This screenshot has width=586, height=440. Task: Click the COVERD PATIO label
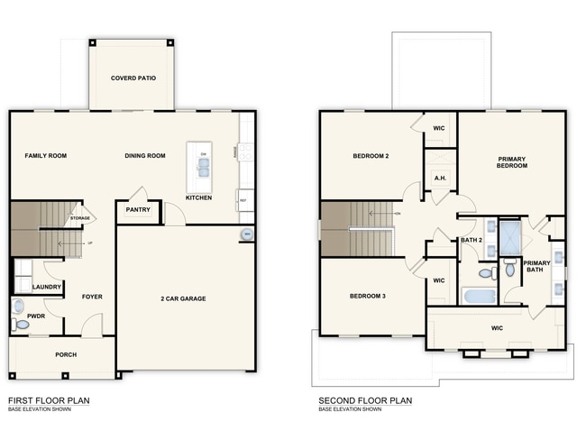click(x=133, y=78)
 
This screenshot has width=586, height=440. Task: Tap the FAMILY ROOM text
click(x=45, y=156)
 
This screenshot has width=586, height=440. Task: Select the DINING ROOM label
click(x=145, y=156)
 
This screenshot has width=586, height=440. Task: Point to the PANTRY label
click(x=139, y=210)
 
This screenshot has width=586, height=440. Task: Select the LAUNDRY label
click(x=46, y=288)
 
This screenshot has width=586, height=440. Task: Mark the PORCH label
click(x=65, y=354)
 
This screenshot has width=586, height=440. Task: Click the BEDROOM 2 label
click(x=370, y=157)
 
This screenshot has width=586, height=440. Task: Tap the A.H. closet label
click(x=440, y=178)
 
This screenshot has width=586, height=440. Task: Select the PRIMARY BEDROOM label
click(x=512, y=162)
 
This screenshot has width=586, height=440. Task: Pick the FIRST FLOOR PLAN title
click(x=49, y=399)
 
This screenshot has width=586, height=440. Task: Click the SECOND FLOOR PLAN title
click(x=365, y=399)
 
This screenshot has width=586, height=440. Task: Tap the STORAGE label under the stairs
click(x=80, y=218)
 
